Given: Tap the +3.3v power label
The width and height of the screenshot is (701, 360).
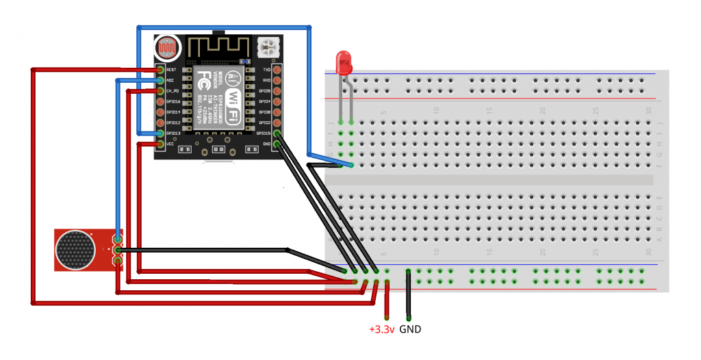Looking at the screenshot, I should pyautogui.click(x=381, y=329).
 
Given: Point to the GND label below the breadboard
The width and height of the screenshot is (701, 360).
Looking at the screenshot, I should pyautogui.click(x=410, y=329).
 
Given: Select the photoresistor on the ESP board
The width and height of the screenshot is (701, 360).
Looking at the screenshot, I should pyautogui.click(x=167, y=48).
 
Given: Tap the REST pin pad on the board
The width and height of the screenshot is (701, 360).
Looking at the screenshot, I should pyautogui.click(x=160, y=70).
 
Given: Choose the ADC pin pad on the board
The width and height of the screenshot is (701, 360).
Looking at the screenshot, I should pyautogui.click(x=160, y=80).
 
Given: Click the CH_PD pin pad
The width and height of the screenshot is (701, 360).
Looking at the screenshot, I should pyautogui.click(x=160, y=91).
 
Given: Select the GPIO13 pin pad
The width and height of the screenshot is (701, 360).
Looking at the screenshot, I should pyautogui.click(x=160, y=133).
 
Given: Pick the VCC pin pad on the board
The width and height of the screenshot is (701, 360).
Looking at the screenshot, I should pyautogui.click(x=160, y=144).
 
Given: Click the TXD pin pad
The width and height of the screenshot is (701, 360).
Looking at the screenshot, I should pyautogui.click(x=277, y=70).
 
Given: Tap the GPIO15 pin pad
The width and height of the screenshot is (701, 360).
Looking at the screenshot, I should pyautogui.click(x=277, y=133).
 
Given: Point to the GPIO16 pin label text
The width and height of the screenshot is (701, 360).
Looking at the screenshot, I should pyautogui.click(x=173, y=101).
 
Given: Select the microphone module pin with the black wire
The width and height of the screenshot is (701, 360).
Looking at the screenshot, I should pyautogui.click(x=118, y=251).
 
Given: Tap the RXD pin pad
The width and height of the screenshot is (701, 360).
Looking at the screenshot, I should pyautogui.click(x=277, y=80).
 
